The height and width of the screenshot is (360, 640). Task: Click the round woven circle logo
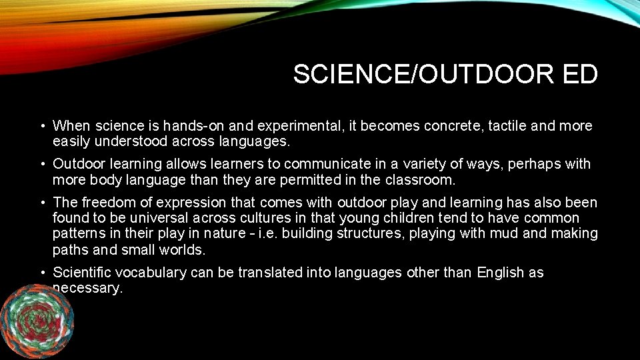pos(37,319)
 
